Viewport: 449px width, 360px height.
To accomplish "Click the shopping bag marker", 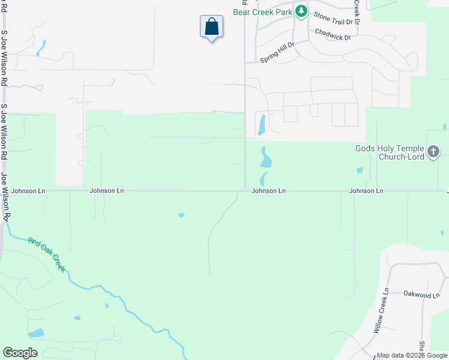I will click(211, 27).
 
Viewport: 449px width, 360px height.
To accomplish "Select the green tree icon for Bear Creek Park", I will click(301, 11).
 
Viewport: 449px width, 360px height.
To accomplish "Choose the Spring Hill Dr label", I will click(277, 53).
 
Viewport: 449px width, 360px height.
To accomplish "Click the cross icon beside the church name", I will click(435, 152).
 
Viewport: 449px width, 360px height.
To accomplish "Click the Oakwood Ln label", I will click(418, 295).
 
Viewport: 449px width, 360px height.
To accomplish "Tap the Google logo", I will click(20, 353).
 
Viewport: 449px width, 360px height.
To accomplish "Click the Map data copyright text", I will click(412, 355).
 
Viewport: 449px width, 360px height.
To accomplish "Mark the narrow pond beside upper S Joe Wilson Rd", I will click(41, 47).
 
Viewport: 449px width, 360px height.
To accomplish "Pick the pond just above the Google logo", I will click(36, 332).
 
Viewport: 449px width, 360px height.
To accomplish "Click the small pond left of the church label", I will click(360, 170).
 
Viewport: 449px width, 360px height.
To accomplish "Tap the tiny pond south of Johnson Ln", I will click(181, 215).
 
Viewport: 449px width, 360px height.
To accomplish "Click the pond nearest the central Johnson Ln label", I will click(264, 178).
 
